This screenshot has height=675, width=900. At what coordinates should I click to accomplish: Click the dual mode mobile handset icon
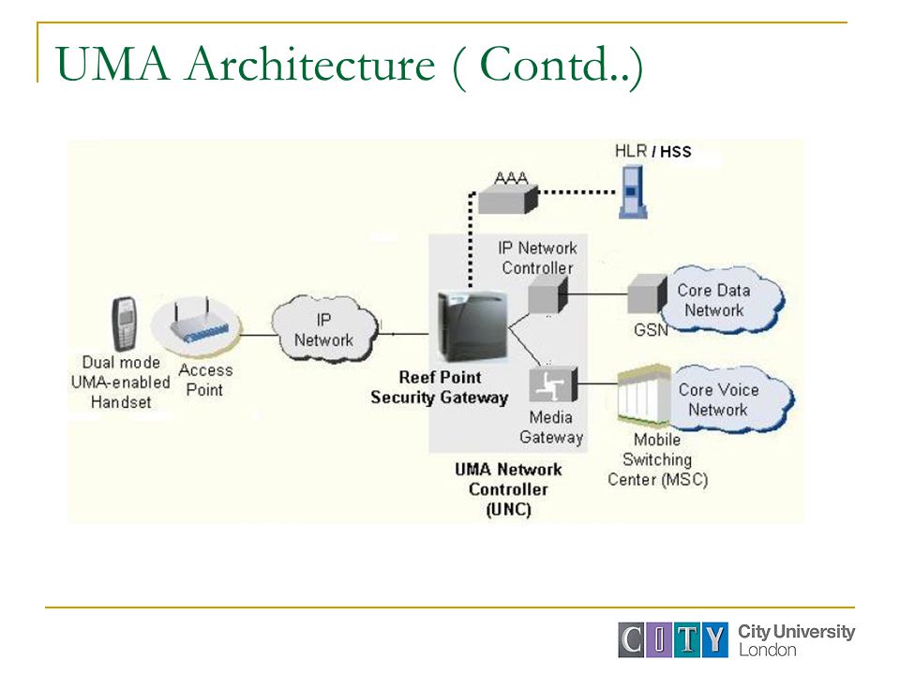click(x=124, y=323)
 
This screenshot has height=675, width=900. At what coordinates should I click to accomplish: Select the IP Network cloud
click(x=324, y=328)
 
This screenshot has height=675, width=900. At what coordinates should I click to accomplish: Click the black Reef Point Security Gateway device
click(x=472, y=326)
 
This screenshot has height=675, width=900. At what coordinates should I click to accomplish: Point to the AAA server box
click(x=508, y=199)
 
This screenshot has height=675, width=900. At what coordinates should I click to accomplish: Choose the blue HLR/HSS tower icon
click(x=633, y=191)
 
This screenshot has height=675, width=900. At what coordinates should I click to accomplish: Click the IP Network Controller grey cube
click(x=547, y=294)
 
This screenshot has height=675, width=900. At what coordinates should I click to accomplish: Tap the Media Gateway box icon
click(x=553, y=384)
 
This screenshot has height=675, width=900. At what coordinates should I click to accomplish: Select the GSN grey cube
click(x=647, y=293)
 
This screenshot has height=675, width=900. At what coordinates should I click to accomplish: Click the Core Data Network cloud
click(x=720, y=300)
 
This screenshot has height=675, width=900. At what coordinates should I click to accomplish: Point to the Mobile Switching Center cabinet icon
click(x=643, y=397)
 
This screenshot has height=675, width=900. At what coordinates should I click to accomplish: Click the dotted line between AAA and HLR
click(x=577, y=192)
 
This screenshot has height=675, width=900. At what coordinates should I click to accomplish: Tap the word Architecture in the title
click(x=310, y=64)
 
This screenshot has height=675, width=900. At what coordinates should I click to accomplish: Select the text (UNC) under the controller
click(x=508, y=510)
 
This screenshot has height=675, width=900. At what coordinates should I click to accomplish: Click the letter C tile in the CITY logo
click(x=632, y=639)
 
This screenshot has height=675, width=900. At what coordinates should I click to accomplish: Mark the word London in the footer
click(x=768, y=650)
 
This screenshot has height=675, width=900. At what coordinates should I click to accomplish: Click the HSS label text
click(x=676, y=152)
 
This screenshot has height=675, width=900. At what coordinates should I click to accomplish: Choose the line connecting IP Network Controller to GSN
click(x=597, y=293)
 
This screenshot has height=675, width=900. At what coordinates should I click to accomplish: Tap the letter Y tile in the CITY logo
click(x=714, y=639)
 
